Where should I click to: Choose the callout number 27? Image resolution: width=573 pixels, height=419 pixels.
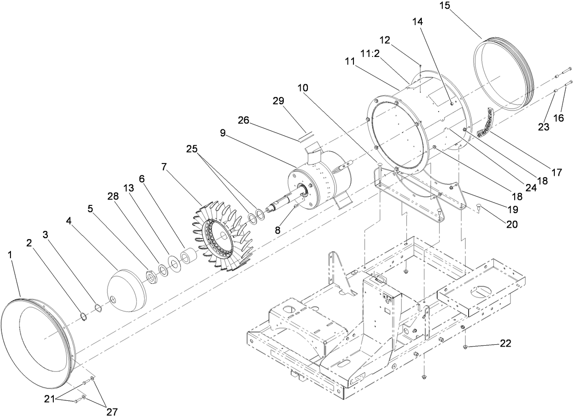click(112, 412)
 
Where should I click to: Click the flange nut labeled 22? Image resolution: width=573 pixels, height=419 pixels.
click(465, 347)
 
